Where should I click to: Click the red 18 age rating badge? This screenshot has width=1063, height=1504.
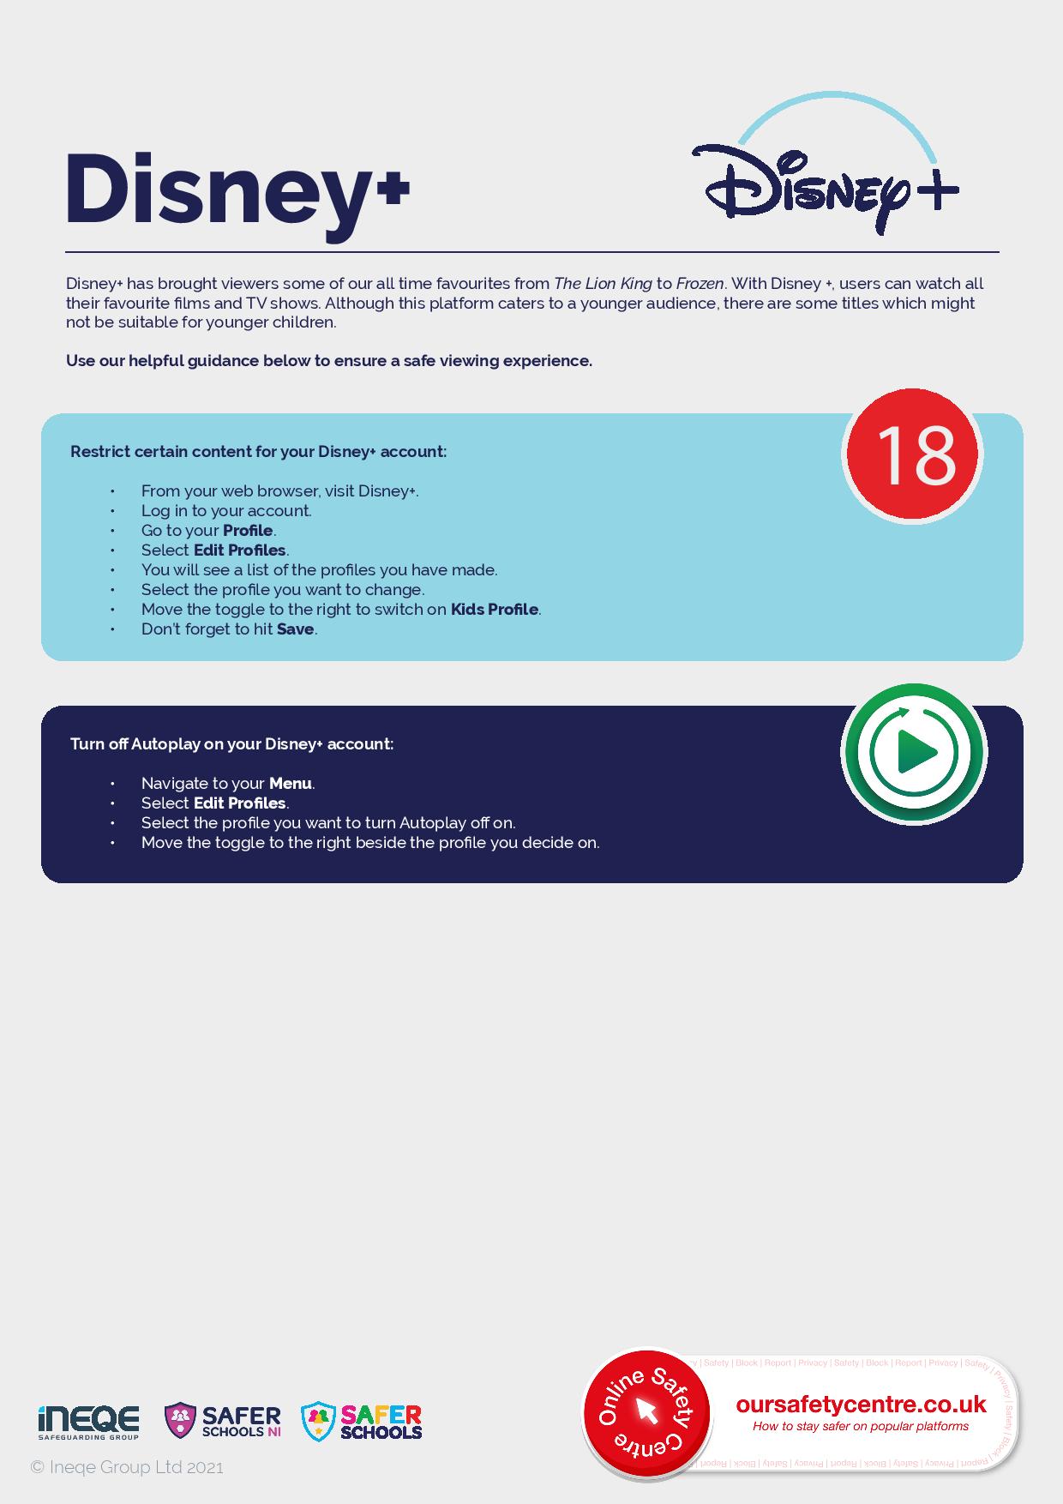(913, 454)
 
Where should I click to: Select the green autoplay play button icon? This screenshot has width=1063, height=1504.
(914, 752)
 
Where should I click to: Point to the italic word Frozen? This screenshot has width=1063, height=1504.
(700, 284)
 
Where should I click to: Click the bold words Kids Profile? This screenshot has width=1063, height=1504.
(494, 610)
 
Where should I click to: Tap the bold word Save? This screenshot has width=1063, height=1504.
(295, 629)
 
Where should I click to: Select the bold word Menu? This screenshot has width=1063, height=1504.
(290, 784)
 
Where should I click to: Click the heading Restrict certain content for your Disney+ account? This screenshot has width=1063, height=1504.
(258, 452)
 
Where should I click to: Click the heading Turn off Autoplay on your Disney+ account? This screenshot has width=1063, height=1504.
(231, 744)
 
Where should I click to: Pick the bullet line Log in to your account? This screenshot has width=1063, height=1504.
(226, 511)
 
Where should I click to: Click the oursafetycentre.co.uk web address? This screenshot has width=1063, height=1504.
(861, 1405)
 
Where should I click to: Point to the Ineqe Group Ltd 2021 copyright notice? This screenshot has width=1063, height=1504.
(127, 1467)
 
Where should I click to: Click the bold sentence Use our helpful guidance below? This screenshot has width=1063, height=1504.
(329, 361)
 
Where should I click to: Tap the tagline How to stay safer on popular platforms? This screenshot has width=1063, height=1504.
(861, 1426)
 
